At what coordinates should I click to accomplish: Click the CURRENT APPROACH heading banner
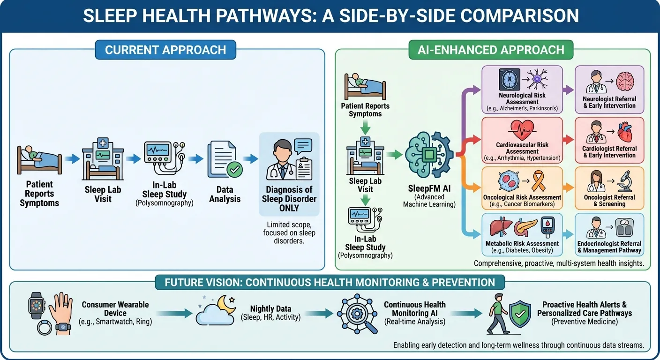165,50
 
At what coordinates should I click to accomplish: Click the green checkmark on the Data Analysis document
234,170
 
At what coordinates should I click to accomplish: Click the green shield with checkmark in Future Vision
519,313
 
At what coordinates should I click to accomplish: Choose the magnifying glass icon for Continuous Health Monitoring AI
367,323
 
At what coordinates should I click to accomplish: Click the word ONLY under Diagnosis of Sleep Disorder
289,208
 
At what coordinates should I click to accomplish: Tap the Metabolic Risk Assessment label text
522,243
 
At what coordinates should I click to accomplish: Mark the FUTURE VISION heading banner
330,283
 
